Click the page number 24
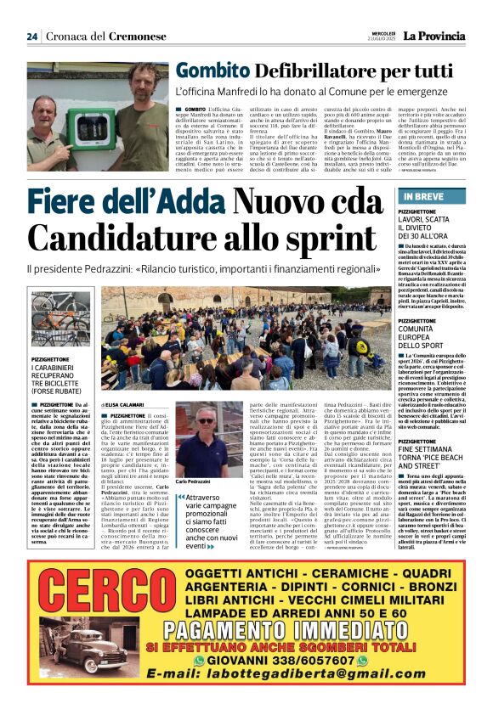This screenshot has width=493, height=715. [32, 37]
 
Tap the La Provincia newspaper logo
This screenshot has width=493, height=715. [433, 36]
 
